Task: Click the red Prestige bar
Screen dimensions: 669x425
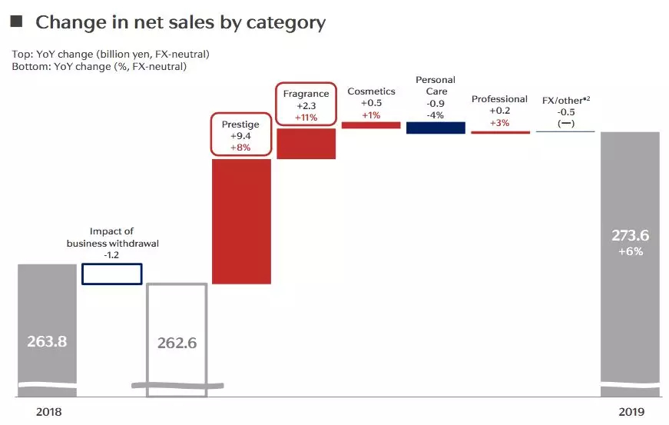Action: (x=241, y=221)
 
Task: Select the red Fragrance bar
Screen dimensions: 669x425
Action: (x=306, y=144)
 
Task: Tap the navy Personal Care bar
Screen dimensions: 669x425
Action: (x=436, y=128)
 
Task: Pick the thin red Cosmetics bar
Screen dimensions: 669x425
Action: (x=371, y=125)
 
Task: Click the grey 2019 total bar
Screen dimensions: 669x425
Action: (x=630, y=264)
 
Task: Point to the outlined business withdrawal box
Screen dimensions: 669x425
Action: (x=112, y=264)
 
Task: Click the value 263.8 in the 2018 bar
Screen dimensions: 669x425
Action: (x=47, y=341)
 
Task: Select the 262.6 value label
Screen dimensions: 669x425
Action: (x=177, y=343)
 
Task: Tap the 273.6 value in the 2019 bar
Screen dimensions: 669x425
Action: (x=630, y=235)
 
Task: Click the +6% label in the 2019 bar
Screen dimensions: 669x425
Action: (x=631, y=251)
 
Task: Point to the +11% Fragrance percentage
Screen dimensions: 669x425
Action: (x=306, y=118)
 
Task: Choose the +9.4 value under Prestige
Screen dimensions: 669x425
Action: (x=240, y=136)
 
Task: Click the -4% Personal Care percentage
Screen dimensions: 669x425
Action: (x=436, y=115)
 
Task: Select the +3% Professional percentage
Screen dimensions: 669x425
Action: (x=499, y=122)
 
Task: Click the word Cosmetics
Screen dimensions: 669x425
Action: (x=371, y=91)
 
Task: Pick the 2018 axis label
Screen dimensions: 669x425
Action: (x=48, y=412)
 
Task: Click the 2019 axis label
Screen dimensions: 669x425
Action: (x=631, y=412)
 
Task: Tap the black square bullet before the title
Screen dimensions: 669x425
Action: (x=16, y=21)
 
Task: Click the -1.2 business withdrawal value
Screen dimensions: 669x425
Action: (x=111, y=254)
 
